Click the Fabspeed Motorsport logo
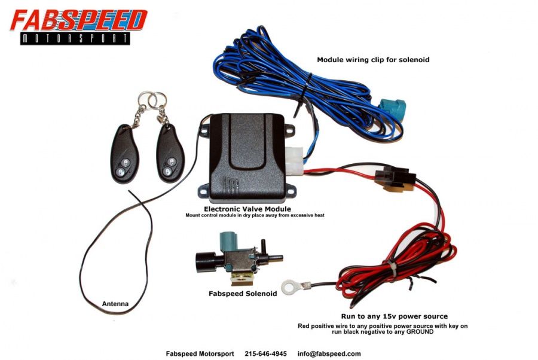pyautogui.click(x=78, y=27)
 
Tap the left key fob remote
pyautogui.click(x=124, y=154)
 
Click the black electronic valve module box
pyautogui.click(x=247, y=157)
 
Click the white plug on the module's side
pyautogui.click(x=294, y=160)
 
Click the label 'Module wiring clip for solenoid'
pyautogui.click(x=373, y=60)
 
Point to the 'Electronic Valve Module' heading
pyautogui.click(x=247, y=209)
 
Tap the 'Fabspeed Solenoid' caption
pyautogui.click(x=243, y=294)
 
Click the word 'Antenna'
pyautogui.click(x=115, y=304)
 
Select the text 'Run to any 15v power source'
pyautogui.click(x=395, y=316)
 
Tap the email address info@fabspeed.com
pyautogui.click(x=329, y=353)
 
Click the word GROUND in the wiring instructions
pyautogui.click(x=420, y=332)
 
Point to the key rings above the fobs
pyautogui.click(x=152, y=99)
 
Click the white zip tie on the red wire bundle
pyautogui.click(x=392, y=267)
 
